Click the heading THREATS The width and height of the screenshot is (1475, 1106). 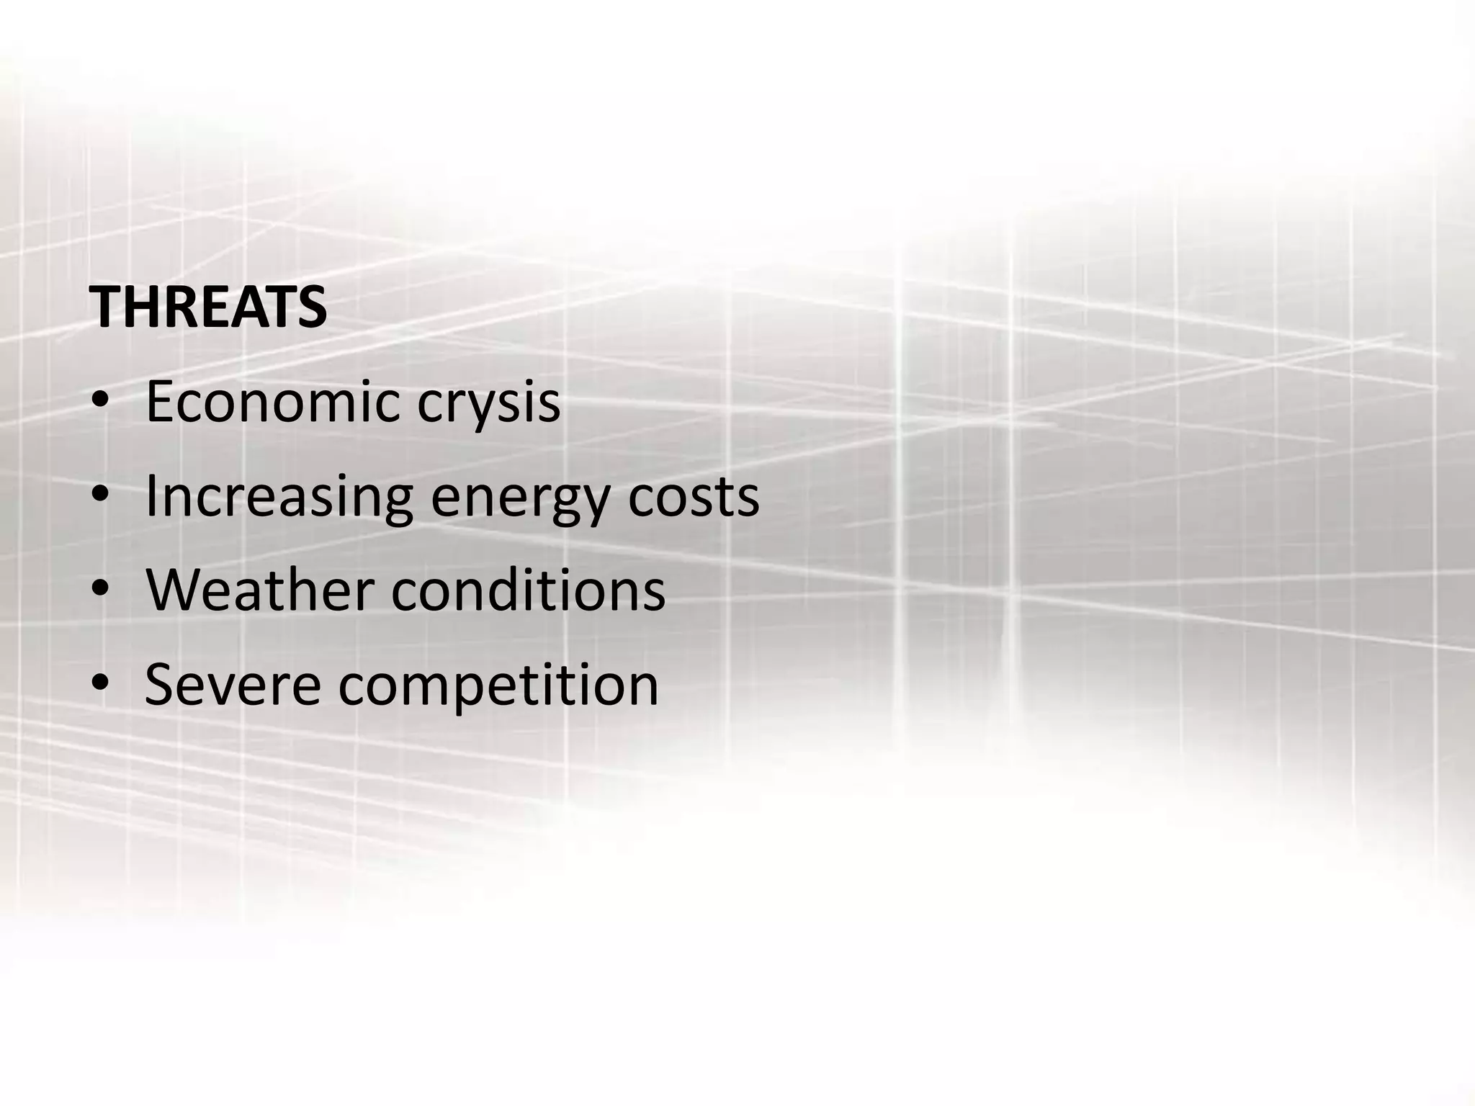click(x=209, y=307)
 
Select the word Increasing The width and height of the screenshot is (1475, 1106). click(x=279, y=498)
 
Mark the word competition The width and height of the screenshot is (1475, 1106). click(x=498, y=685)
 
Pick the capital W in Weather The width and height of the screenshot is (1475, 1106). click(x=173, y=590)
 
